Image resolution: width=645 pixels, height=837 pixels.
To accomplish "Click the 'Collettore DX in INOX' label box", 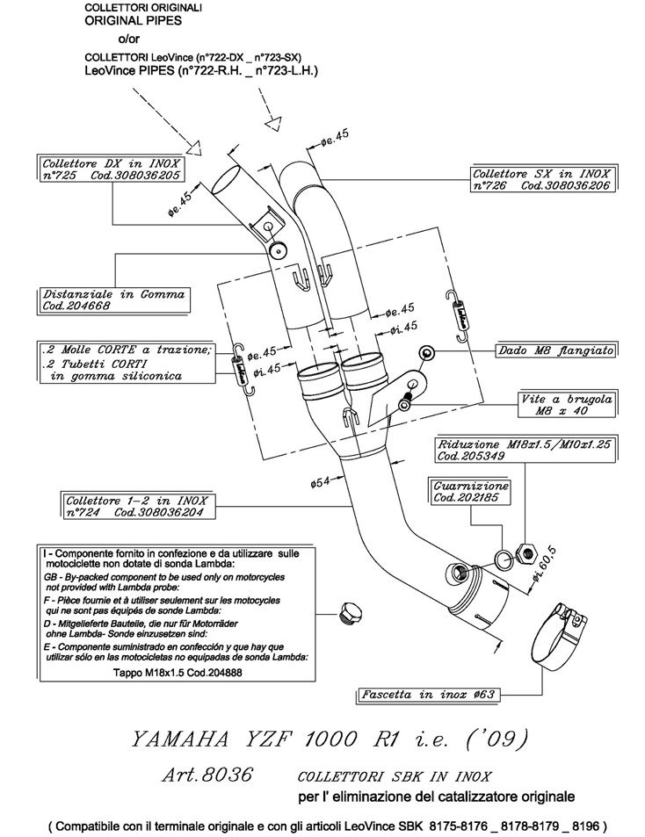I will coord(112,170).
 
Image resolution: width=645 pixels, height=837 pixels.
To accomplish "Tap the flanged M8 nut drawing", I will coord(428,352).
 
